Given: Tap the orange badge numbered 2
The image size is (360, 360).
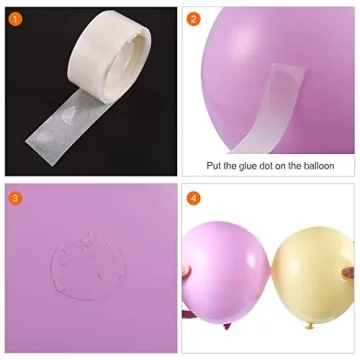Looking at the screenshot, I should pyautogui.click(x=194, y=17).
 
